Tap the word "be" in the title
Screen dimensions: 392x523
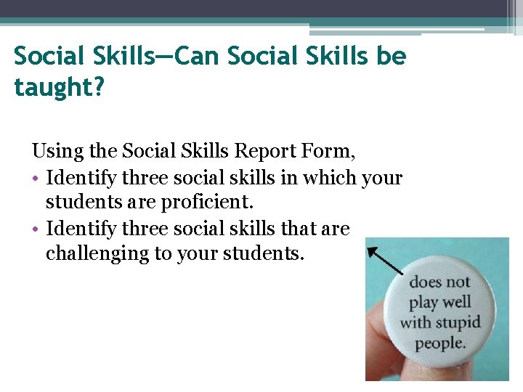coord(389,56)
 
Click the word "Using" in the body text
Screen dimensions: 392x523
coord(55,151)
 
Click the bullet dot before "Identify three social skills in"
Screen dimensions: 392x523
coord(36,178)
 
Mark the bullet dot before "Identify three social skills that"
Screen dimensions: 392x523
coord(36,229)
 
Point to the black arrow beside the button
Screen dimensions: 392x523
coord(384,261)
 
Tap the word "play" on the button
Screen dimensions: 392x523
coord(424,302)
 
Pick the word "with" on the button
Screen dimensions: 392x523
coord(415,322)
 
